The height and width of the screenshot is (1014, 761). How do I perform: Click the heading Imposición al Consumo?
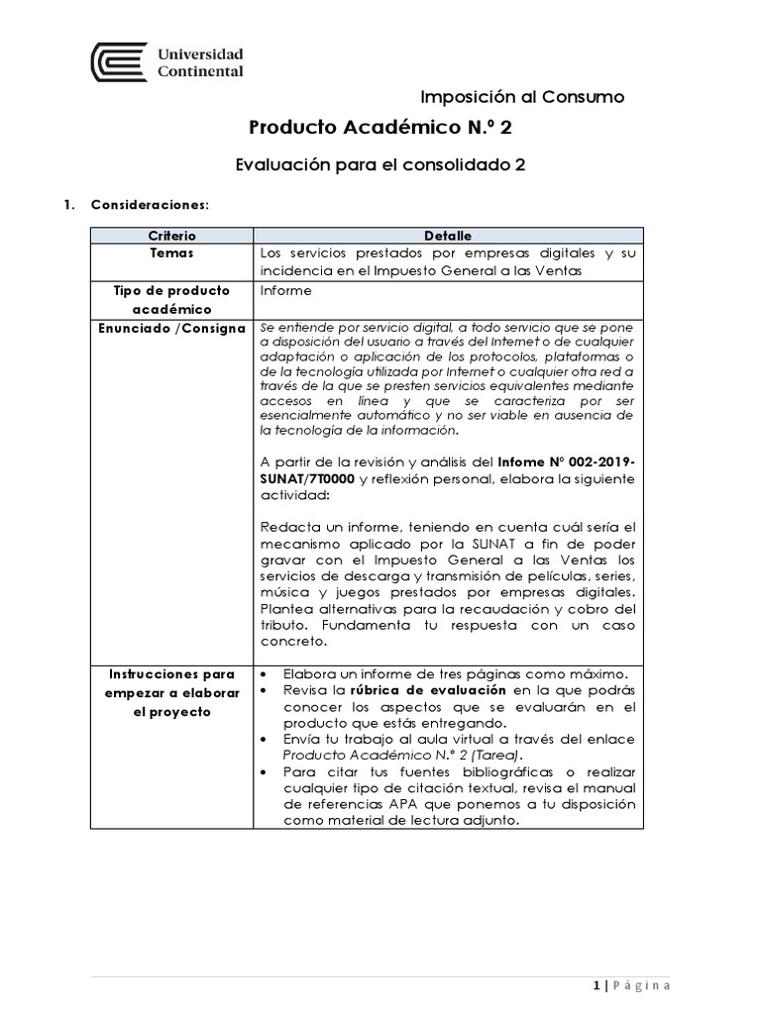click(x=522, y=96)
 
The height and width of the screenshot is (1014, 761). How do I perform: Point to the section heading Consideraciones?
click(x=149, y=205)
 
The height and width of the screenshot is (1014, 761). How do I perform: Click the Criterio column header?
click(x=172, y=236)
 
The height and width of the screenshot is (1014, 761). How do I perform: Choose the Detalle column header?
click(x=448, y=236)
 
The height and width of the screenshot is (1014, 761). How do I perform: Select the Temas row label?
click(x=172, y=253)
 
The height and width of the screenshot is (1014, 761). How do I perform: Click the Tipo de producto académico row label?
click(x=172, y=299)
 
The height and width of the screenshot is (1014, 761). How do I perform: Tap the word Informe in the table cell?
click(x=285, y=291)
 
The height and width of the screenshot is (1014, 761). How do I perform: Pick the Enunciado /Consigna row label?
click(x=172, y=328)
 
